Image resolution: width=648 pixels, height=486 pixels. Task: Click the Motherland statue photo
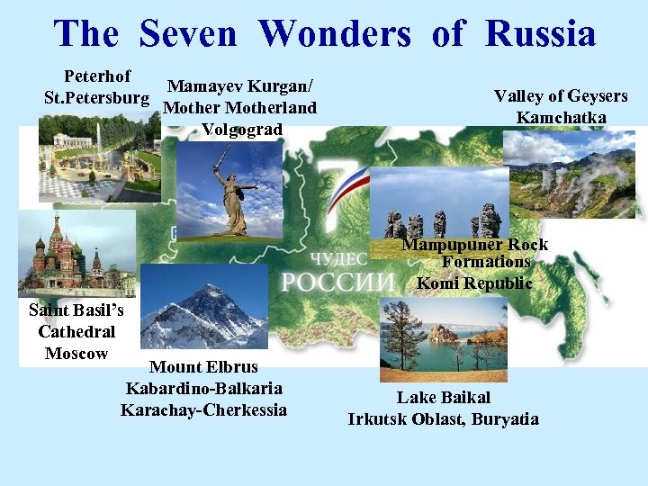point(229,193)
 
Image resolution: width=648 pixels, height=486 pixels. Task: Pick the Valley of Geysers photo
point(569,175)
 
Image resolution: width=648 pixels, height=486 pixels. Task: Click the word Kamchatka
point(562,117)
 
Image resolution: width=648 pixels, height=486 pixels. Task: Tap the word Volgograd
point(242,129)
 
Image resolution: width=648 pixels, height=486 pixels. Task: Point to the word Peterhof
point(97,76)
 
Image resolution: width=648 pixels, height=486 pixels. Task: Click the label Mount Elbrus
point(203,367)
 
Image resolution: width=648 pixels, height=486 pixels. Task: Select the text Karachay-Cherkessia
point(203,409)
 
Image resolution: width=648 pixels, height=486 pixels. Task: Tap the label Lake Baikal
point(444,397)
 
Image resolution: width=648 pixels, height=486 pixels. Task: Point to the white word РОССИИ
point(337,282)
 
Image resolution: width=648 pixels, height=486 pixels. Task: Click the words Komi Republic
point(474,283)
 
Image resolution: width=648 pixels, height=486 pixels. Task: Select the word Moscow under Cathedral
point(76,353)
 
